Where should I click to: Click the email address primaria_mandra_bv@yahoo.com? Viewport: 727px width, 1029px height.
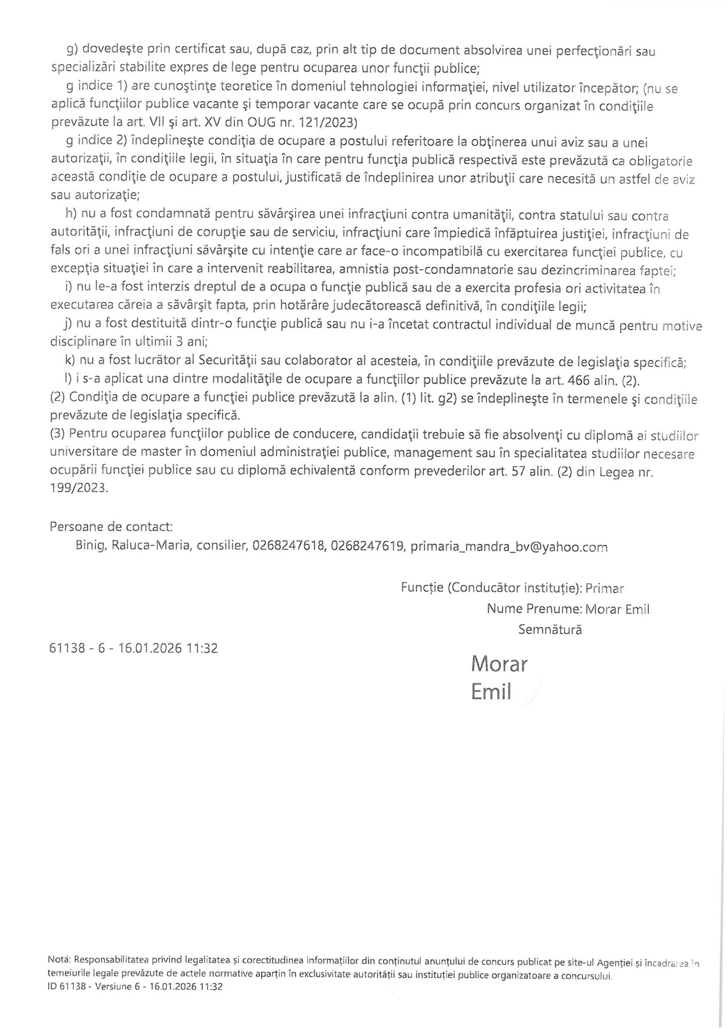509,547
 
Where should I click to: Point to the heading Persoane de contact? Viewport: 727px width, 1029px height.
111,526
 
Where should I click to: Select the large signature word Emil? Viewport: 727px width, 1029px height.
491,692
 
